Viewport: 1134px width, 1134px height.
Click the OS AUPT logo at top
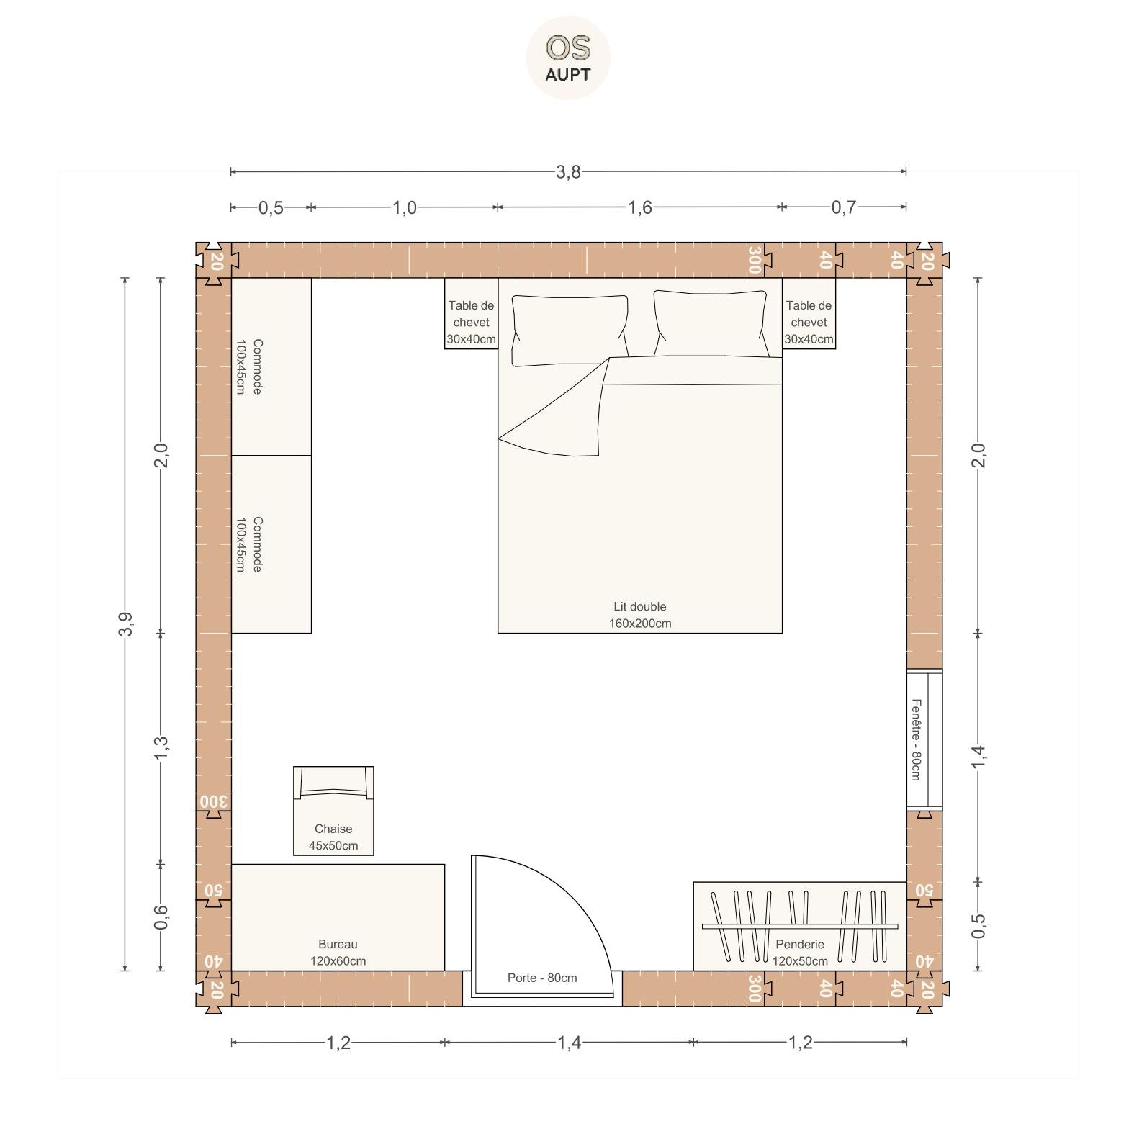(x=568, y=58)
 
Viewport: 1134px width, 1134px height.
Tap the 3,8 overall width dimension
(x=568, y=171)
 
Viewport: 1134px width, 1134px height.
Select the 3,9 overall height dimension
(x=125, y=624)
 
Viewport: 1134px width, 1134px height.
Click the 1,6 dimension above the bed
(x=639, y=207)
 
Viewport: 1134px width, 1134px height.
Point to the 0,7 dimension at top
(x=844, y=207)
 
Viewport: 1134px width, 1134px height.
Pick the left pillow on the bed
(x=570, y=329)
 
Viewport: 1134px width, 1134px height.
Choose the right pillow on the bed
(x=711, y=323)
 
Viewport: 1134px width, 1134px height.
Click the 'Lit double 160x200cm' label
(x=640, y=615)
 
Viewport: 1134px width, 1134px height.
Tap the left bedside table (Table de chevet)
(x=471, y=313)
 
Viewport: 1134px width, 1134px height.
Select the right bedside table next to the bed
(x=809, y=313)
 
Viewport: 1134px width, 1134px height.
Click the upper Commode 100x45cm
(x=271, y=366)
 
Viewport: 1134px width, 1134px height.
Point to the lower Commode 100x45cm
(x=271, y=544)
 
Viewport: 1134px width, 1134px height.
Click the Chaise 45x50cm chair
(x=333, y=811)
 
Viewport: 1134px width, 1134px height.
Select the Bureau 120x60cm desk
(x=338, y=917)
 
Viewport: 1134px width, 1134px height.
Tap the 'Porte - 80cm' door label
(x=542, y=978)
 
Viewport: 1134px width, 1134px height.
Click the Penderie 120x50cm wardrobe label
(x=800, y=953)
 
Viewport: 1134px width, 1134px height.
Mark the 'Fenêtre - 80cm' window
(x=924, y=739)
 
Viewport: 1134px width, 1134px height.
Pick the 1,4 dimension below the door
(x=569, y=1042)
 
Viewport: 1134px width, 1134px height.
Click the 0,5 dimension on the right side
(x=978, y=926)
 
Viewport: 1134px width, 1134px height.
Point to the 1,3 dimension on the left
(x=161, y=747)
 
